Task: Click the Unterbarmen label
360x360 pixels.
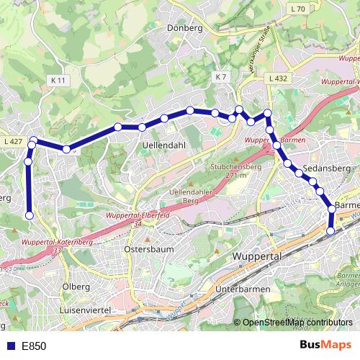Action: coord(242,289)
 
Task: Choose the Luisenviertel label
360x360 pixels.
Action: coord(89,310)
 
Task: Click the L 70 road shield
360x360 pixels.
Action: coord(299,9)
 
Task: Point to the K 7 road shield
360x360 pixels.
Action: coord(220,76)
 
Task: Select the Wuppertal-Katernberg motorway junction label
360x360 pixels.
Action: coord(54,243)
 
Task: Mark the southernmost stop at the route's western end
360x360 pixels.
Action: coord(30,215)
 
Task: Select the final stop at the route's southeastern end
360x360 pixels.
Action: coord(330,231)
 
